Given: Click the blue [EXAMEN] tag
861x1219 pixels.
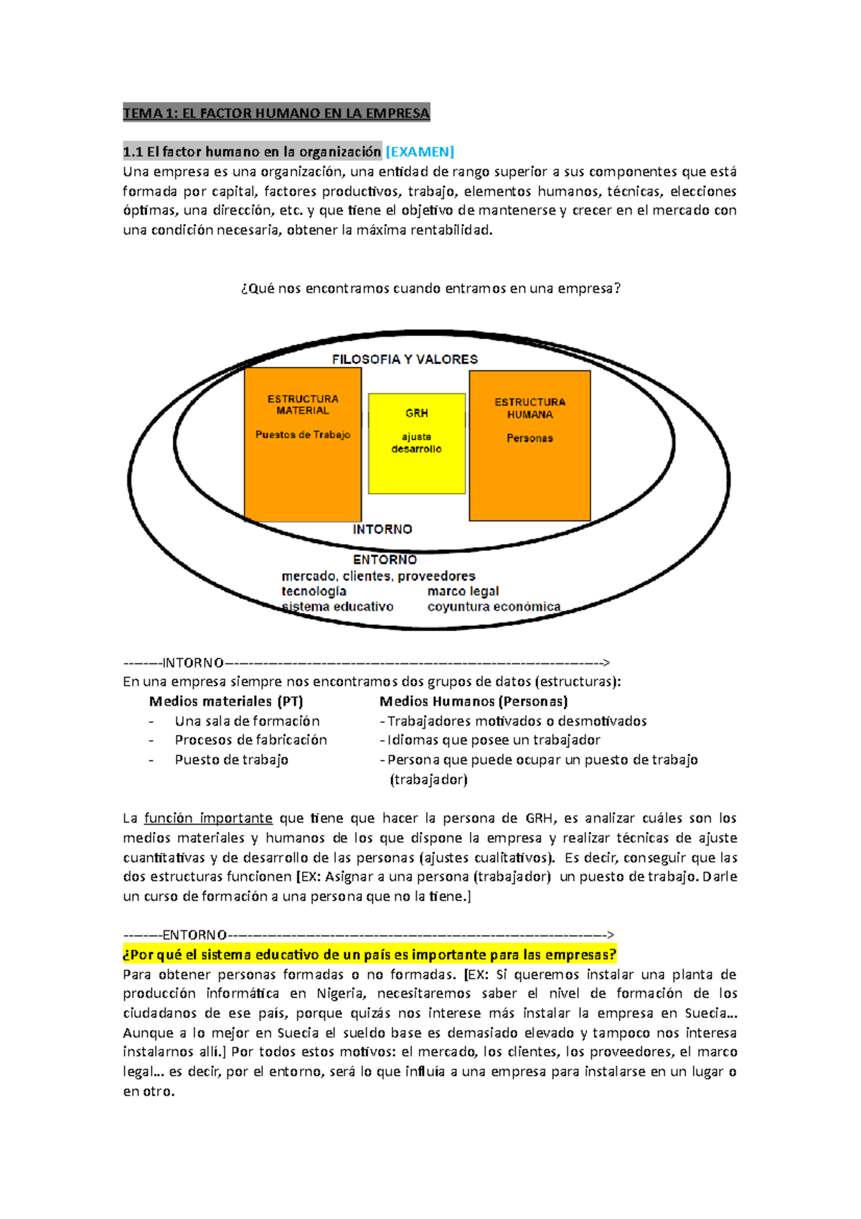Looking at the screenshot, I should [x=420, y=151].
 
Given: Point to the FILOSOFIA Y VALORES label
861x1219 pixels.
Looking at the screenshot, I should [x=405, y=359].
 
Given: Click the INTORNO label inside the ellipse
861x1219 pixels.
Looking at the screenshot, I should [x=382, y=529].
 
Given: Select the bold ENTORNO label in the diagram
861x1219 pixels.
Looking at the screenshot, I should [x=385, y=559].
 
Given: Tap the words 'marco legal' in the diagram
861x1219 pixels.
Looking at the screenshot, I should [x=463, y=591].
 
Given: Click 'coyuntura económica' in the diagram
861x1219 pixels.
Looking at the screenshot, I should [x=494, y=607].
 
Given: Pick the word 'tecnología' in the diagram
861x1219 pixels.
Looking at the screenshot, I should [x=314, y=591].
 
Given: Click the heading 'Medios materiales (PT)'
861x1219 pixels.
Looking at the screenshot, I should [x=226, y=701].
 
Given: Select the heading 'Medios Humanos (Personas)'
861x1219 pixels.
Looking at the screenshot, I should [x=474, y=701].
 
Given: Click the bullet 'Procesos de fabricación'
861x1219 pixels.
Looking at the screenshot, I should [x=251, y=740].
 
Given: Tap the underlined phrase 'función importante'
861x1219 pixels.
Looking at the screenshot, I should [x=208, y=818].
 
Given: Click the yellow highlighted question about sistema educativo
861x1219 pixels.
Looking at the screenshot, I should [x=370, y=955].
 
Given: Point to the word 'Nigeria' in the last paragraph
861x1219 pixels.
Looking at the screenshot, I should [x=341, y=994].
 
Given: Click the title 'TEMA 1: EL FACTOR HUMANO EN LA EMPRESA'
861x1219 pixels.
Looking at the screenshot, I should [x=276, y=113].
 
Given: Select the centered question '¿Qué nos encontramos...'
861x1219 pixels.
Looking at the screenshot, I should [x=430, y=289].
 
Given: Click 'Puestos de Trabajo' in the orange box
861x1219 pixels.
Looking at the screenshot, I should [x=303, y=434].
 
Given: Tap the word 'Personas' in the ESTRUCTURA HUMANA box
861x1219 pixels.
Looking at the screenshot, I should [x=530, y=438].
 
